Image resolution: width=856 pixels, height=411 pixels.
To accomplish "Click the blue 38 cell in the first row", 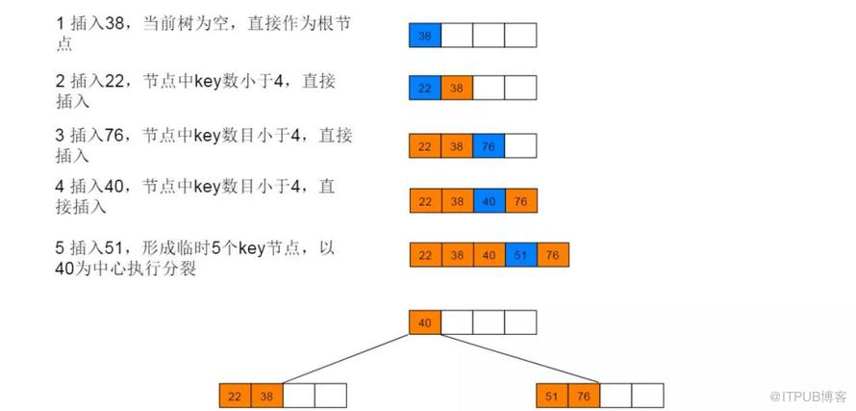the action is point(425,35).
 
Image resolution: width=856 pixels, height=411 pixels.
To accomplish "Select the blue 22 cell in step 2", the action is point(425,88).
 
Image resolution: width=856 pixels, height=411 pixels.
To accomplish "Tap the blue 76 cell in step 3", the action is point(489,145).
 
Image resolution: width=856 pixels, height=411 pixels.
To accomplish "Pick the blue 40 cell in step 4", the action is point(490,200).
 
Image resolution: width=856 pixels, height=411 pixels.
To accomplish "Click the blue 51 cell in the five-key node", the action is point(520,255).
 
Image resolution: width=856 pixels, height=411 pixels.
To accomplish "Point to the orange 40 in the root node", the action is point(425,322).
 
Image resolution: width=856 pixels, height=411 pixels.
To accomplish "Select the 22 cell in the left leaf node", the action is point(236,396).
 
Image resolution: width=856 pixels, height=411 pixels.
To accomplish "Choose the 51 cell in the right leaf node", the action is point(552,396).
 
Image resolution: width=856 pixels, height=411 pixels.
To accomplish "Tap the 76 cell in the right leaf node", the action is point(584,396).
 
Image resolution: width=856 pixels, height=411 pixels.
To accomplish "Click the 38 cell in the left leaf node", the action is point(267,396).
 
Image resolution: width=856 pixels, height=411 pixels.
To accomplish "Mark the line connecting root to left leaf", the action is point(345,359).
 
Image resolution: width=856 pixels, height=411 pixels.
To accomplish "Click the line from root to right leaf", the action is point(519,359).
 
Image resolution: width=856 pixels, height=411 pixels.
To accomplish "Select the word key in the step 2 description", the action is point(207,83).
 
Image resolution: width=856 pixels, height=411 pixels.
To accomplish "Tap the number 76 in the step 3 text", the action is point(113,137).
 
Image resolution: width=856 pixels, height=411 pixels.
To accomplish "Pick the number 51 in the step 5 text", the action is point(113,249).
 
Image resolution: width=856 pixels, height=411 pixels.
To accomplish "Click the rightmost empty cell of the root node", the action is point(520,322).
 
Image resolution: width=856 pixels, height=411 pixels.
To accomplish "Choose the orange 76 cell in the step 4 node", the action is point(521,200).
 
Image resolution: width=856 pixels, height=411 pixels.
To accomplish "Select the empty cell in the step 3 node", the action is point(520,145).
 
